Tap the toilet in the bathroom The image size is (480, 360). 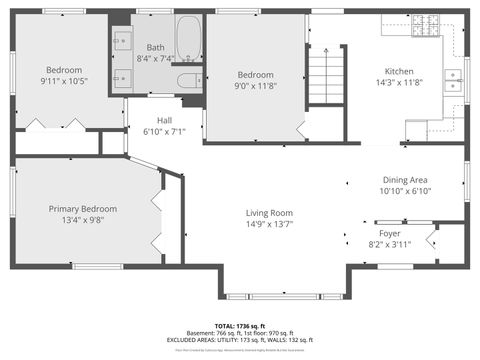click(189, 79)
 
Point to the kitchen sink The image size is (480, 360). click(453, 80)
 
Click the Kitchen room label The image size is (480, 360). click(399, 71)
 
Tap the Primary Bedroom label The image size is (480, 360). click(83, 208)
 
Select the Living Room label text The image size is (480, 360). click(269, 212)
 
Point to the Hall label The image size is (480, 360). click(164, 119)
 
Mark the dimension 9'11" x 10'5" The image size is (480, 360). click(64, 81)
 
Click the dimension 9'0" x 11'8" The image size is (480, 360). click(255, 86)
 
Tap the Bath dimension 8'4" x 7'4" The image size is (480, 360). click(156, 59)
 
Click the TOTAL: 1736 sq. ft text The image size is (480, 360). click(240, 326)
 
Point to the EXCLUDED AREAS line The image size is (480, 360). click(240, 341)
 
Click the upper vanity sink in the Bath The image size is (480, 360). click(121, 42)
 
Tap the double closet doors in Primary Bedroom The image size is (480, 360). click(154, 212)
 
